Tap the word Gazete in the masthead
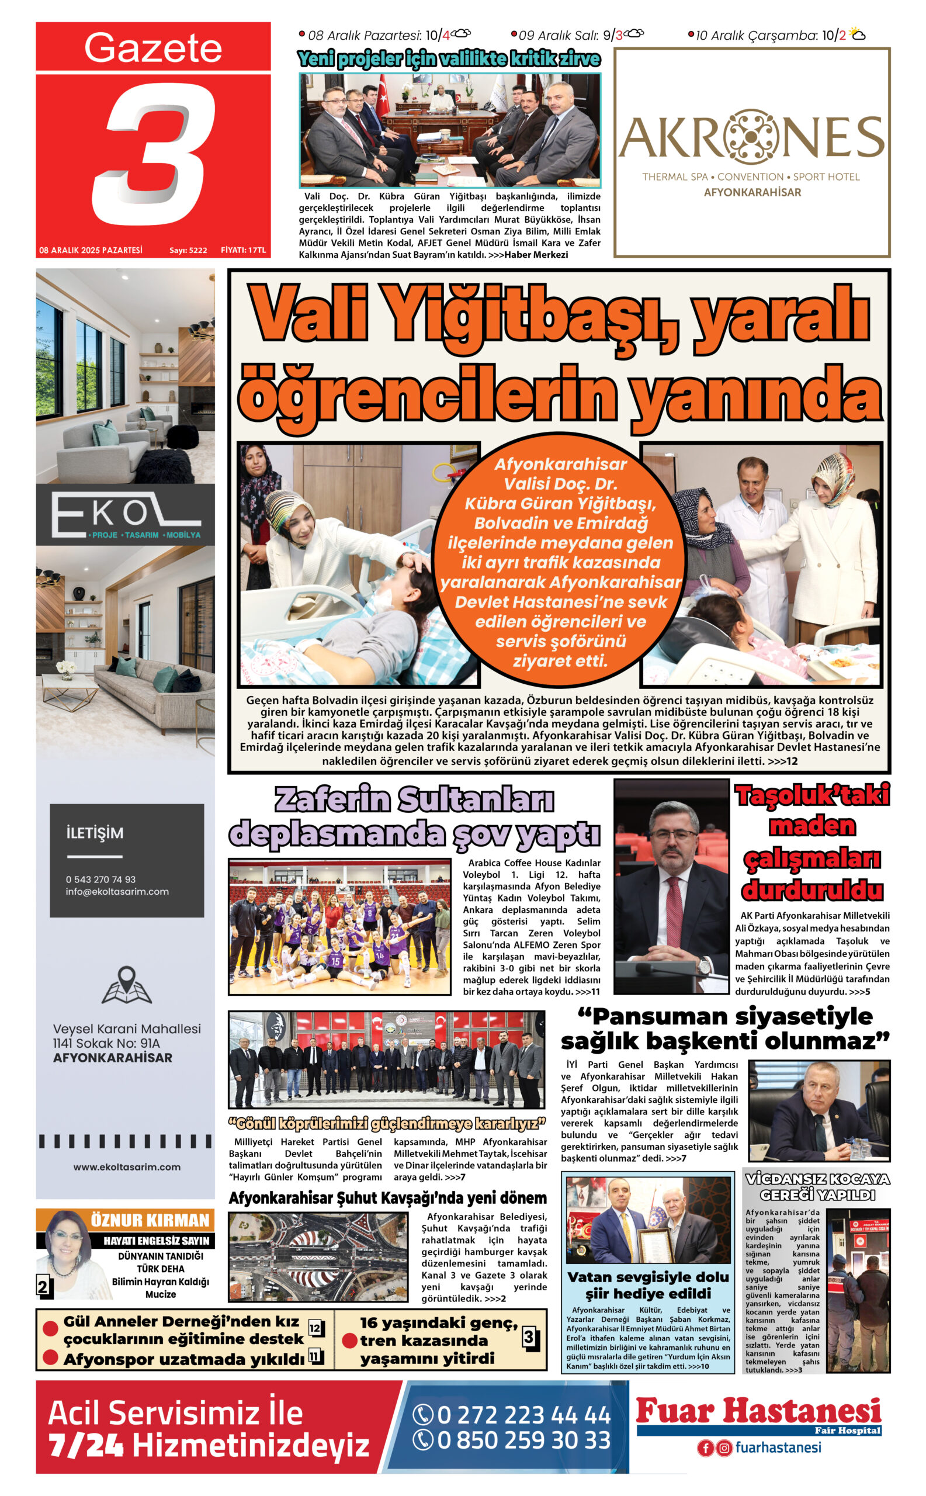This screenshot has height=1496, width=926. pyautogui.click(x=152, y=48)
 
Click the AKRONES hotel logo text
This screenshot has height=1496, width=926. pyautogui.click(x=751, y=137)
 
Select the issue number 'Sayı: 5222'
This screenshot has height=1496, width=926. pyautogui.click(x=188, y=251)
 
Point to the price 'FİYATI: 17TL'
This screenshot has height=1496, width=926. pyautogui.click(x=243, y=251)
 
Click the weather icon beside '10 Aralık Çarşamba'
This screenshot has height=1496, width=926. pyautogui.click(x=858, y=35)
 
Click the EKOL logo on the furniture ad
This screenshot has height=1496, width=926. pyautogui.click(x=126, y=515)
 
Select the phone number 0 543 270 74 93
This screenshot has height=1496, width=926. pyautogui.click(x=101, y=879)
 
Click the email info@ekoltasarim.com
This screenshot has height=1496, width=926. pyautogui.click(x=117, y=891)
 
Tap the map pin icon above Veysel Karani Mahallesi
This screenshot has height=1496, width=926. pyautogui.click(x=126, y=985)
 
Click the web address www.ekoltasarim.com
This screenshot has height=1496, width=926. pyautogui.click(x=127, y=1167)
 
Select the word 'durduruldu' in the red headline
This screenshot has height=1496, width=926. pyautogui.click(x=812, y=889)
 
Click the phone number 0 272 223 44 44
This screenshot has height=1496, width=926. pyautogui.click(x=523, y=1415)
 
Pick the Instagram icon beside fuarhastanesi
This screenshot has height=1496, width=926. pyautogui.click(x=724, y=1448)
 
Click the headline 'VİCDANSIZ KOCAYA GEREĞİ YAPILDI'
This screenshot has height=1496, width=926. pyautogui.click(x=817, y=1187)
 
